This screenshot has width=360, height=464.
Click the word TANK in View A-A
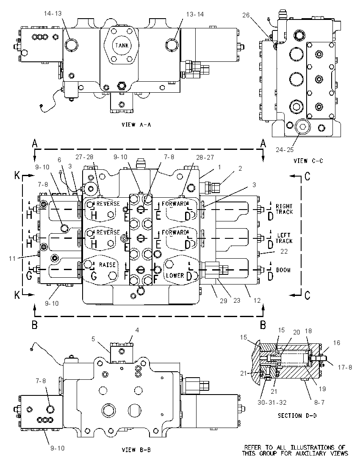click(x=122, y=46)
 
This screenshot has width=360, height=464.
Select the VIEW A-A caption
click(x=136, y=124)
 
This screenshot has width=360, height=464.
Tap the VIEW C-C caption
click(x=308, y=161)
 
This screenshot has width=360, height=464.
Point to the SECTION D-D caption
click(x=297, y=415)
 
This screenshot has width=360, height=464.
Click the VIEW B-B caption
click(x=136, y=450)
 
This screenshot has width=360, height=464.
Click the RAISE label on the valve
click(x=107, y=265)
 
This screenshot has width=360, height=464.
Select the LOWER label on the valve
click(x=175, y=276)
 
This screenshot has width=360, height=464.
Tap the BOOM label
click(x=283, y=270)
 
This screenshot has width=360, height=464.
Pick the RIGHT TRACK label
click(x=284, y=209)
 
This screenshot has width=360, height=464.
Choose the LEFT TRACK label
click(x=284, y=238)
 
